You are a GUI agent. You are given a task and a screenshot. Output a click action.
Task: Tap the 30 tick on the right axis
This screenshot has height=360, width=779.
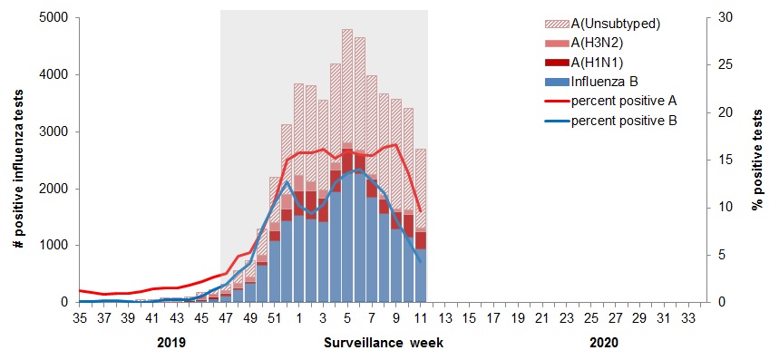[717, 18]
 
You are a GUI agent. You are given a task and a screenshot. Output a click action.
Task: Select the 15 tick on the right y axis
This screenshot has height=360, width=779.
[717, 161]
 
